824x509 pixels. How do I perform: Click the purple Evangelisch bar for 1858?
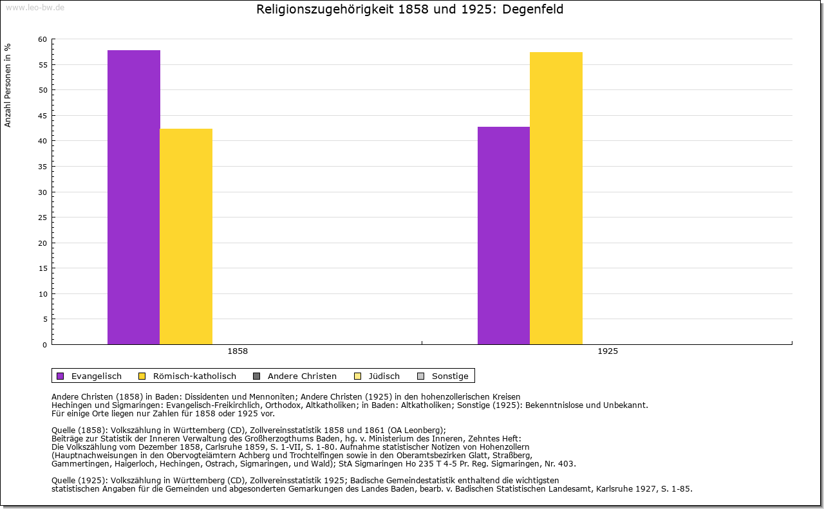pyautogui.click(x=133, y=197)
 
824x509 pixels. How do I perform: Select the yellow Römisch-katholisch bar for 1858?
pyautogui.click(x=186, y=236)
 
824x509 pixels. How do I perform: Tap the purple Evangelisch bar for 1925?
pyautogui.click(x=503, y=236)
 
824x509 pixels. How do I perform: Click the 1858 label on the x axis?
pyautogui.click(x=238, y=351)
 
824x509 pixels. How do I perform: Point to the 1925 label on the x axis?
pyautogui.click(x=608, y=351)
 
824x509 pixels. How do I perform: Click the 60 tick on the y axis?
pyautogui.click(x=42, y=39)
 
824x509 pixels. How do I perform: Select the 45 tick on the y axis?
pyautogui.click(x=42, y=116)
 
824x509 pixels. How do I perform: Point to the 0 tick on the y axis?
pyautogui.click(x=44, y=345)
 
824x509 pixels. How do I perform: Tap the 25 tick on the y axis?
pyautogui.click(x=42, y=217)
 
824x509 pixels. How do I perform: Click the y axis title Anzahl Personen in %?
pyautogui.click(x=8, y=85)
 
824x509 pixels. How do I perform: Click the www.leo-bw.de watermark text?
pyautogui.click(x=34, y=6)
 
